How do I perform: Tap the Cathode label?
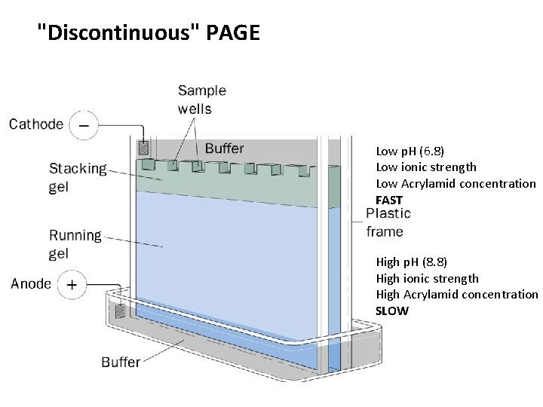click(36, 124)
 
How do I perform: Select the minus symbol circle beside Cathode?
click(84, 125)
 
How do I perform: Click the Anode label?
click(31, 284)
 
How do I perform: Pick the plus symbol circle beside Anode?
click(72, 285)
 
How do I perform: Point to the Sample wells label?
click(202, 99)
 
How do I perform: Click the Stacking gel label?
click(78, 178)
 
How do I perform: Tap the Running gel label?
click(75, 244)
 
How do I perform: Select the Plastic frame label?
click(388, 222)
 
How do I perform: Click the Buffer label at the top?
click(224, 148)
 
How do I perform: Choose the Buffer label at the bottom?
click(121, 363)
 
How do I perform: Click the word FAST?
click(389, 200)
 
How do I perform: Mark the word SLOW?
click(392, 311)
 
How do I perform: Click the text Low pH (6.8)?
click(410, 151)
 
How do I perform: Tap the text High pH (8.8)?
click(412, 262)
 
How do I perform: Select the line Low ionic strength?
click(426, 167)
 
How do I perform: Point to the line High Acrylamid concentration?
click(457, 295)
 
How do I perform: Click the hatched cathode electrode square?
click(143, 148)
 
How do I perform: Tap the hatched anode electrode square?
click(119, 311)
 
